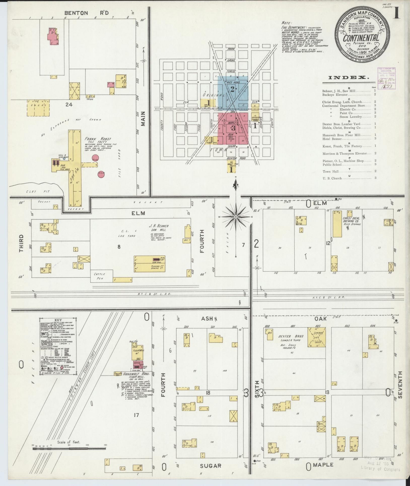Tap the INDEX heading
[349, 78]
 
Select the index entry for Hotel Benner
[332, 139]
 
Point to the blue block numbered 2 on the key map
[232, 89]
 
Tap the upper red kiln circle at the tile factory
[95, 158]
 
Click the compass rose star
[236, 217]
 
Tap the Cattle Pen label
[100, 276]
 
